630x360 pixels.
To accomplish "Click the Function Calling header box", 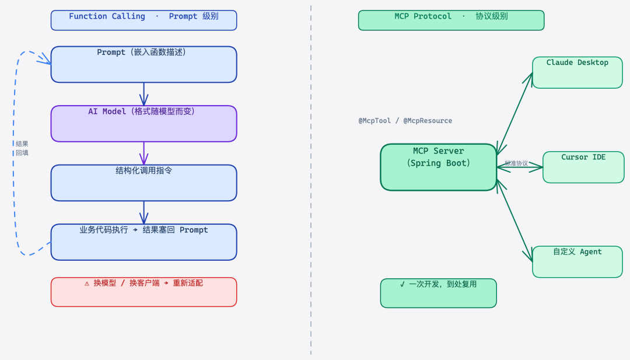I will coord(143,20).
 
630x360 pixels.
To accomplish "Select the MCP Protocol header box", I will coord(451,20).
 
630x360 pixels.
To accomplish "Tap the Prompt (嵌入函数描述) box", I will coord(143,64).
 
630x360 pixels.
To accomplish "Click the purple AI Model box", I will coord(143,124).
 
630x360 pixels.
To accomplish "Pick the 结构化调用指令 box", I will coord(143,183).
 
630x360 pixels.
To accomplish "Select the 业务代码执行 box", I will coord(143,242).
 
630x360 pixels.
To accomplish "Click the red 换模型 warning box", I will coord(143,292).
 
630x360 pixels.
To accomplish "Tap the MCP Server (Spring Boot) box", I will coord(438,167).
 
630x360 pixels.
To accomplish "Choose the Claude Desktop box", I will coord(577,72).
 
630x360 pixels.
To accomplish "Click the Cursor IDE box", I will coord(583,167).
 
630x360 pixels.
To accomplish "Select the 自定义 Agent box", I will coord(577,261).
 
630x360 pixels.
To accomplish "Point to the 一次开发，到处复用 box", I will coord(438,293).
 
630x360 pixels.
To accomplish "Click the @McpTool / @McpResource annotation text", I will coord(405,121).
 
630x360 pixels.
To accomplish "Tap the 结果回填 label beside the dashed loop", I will coord(22,148).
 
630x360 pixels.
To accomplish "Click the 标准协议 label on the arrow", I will coord(516,163).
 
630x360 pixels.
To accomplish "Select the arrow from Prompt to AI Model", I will coord(143,93).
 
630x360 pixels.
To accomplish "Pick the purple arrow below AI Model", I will coord(143,153).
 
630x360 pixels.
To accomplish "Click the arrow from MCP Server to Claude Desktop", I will coord(514,114).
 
